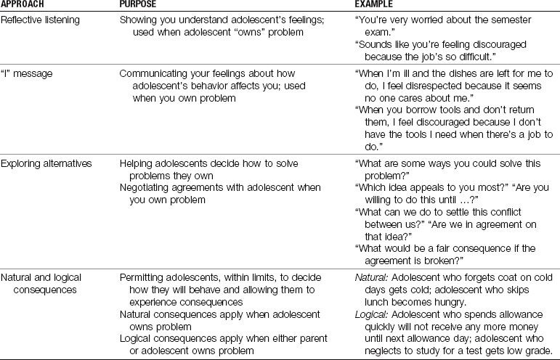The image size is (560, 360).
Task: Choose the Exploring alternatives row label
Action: click(46, 163)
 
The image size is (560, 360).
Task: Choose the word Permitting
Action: click(144, 277)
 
